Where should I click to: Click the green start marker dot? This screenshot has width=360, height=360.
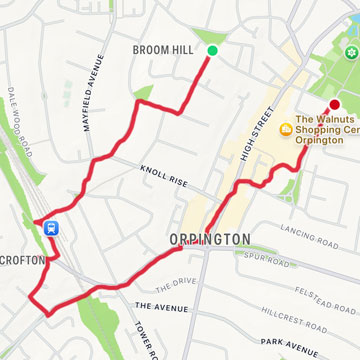pyautogui.click(x=212, y=51)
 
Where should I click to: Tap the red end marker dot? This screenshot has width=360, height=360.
pyautogui.click(x=334, y=105)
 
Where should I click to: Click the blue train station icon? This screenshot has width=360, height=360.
pyautogui.click(x=49, y=227)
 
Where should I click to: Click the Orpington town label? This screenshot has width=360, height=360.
pyautogui.click(x=209, y=241)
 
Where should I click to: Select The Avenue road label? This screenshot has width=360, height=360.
pyautogui.click(x=159, y=306)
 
